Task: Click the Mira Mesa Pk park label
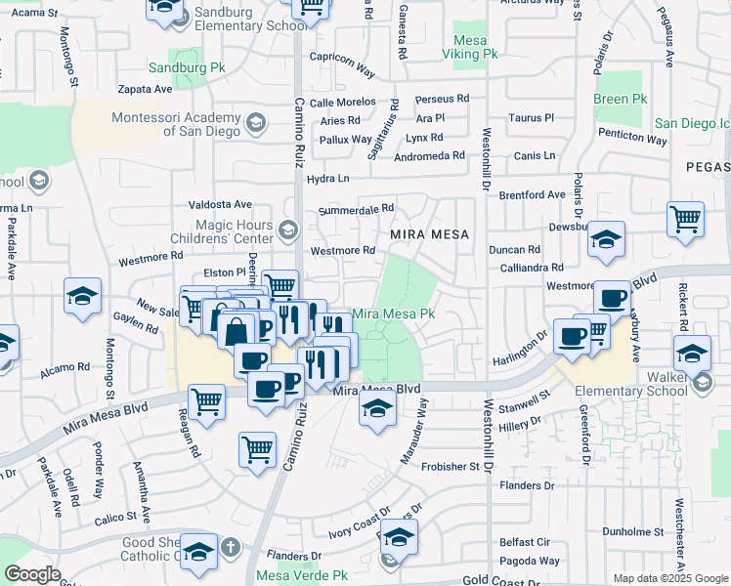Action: (x=392, y=314)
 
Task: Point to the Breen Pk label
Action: (x=621, y=100)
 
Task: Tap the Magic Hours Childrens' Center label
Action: (x=235, y=231)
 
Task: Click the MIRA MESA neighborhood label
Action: (x=430, y=235)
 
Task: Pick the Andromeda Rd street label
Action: (x=429, y=156)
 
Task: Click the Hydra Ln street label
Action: (x=327, y=179)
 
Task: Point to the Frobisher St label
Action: (x=451, y=467)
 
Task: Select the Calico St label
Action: (x=115, y=518)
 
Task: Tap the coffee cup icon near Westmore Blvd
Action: (x=613, y=297)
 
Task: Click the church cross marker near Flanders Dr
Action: (x=230, y=546)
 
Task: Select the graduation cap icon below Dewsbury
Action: (x=606, y=239)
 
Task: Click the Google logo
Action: (x=33, y=574)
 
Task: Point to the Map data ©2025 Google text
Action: (x=670, y=578)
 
